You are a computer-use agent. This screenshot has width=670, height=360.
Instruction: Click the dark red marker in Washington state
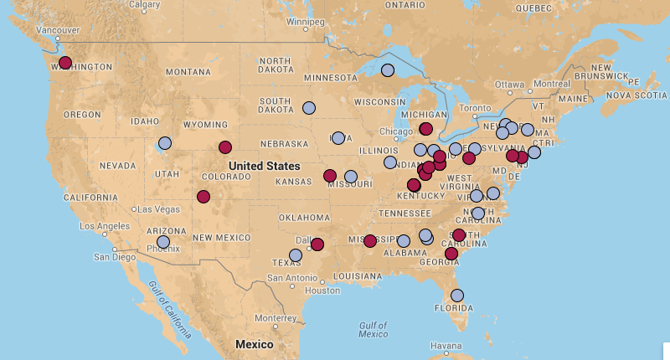(x=65, y=63)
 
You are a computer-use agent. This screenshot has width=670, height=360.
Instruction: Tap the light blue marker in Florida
(x=457, y=296)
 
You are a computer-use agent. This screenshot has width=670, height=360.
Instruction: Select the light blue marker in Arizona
(x=163, y=242)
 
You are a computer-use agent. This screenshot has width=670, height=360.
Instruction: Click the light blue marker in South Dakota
(x=309, y=108)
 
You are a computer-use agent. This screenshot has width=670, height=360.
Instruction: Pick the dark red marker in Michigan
(x=425, y=128)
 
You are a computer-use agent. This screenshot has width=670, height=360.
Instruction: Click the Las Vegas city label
(x=156, y=208)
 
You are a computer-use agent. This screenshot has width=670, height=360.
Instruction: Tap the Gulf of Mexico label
(x=373, y=329)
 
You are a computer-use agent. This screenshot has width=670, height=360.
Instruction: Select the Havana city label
(x=446, y=346)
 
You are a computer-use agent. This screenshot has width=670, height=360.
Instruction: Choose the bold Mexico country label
(x=254, y=345)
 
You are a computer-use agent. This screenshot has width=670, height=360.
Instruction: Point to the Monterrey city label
(x=276, y=318)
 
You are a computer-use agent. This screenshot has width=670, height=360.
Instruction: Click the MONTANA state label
(x=188, y=72)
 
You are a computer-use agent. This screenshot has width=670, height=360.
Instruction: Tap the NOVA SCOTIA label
(x=636, y=95)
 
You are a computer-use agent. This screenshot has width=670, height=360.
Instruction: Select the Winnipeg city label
(x=306, y=21)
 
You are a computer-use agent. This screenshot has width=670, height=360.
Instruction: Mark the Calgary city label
(x=145, y=5)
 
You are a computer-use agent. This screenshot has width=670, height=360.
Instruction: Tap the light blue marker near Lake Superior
(x=387, y=70)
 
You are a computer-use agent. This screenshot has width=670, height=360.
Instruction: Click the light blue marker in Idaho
(x=165, y=143)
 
